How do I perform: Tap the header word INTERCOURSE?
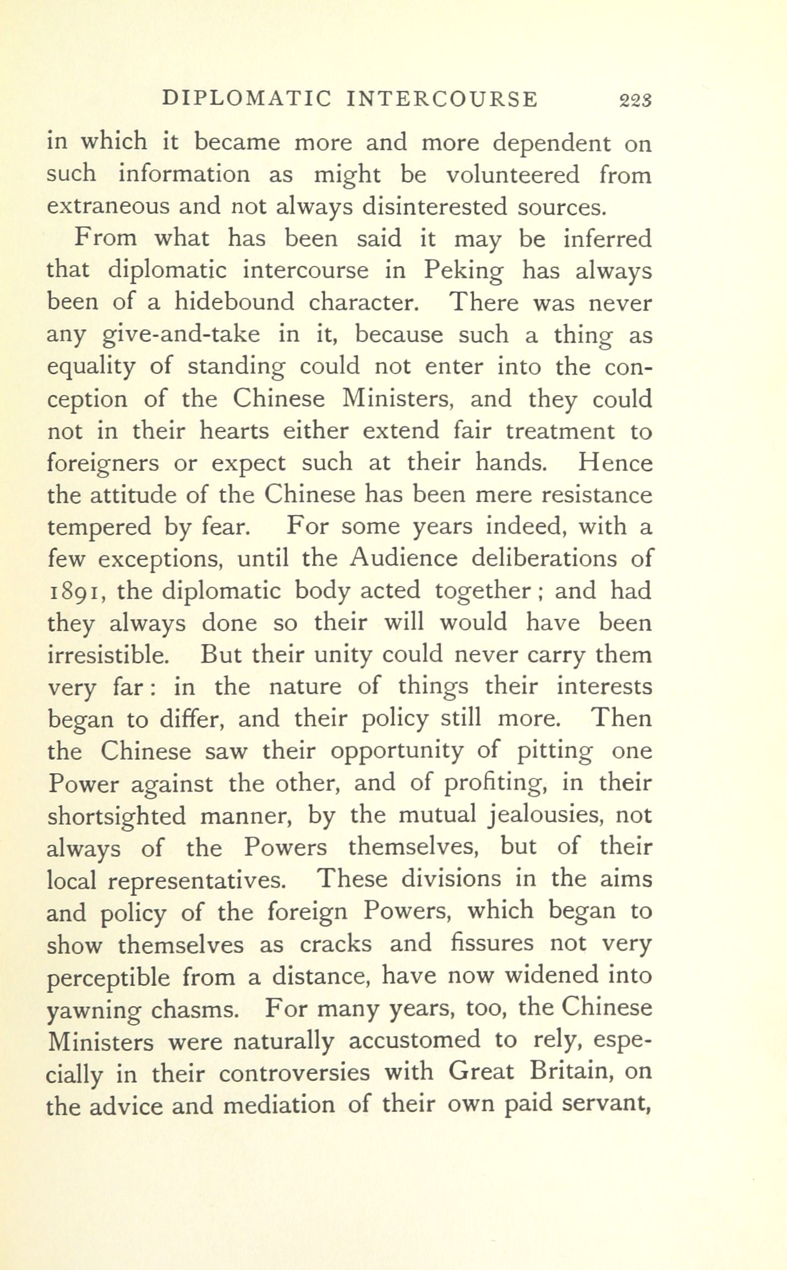[x=442, y=99]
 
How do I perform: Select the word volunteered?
[x=512, y=175]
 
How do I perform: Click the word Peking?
[x=463, y=271]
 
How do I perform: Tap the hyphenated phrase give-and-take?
[x=181, y=335]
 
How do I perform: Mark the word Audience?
[x=403, y=559]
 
